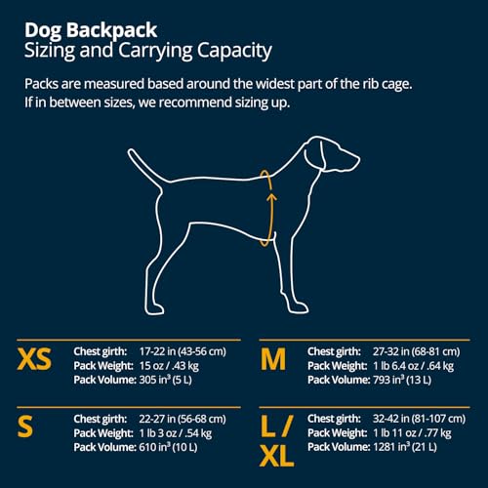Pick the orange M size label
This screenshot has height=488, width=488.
pos(273,360)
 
